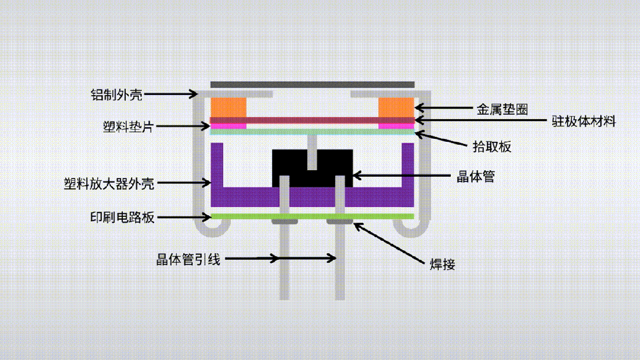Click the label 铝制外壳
coord(117,94)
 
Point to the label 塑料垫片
coord(127,126)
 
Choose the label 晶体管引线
coord(188,259)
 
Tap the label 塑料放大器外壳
coord(109,183)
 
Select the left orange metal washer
coord(229,107)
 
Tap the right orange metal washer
coord(396,107)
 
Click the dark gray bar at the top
coord(313,85)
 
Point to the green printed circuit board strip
coord(313,216)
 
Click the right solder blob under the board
coord(340,222)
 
